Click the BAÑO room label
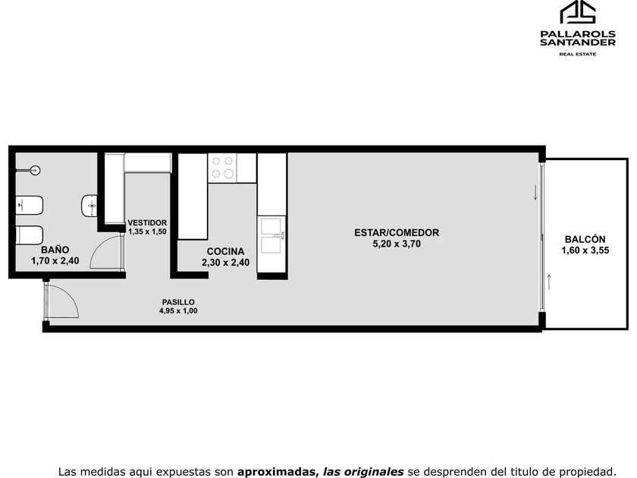[55, 250]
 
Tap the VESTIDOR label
[147, 223]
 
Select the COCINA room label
[225, 252]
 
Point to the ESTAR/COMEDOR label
[397, 232]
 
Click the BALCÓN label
[585, 240]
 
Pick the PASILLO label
[178, 302]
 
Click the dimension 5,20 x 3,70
[397, 244]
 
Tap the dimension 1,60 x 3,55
[585, 250]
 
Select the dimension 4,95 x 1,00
[178, 311]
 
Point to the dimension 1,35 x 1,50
[147, 231]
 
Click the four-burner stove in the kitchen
[222, 168]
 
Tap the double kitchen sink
[271, 235]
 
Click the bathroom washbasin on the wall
[89, 206]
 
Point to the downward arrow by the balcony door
[535, 192]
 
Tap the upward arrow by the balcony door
[549, 281]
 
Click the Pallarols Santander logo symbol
[578, 12]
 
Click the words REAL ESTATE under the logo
[578, 54]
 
